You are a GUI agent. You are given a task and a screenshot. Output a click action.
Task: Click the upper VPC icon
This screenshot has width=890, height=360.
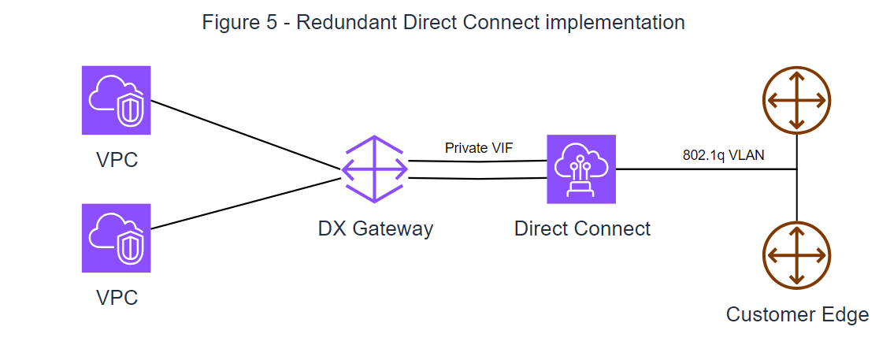(116, 100)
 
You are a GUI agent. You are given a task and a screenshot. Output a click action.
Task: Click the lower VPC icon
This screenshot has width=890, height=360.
(116, 238)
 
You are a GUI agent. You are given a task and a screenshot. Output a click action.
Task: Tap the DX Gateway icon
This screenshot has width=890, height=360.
(375, 169)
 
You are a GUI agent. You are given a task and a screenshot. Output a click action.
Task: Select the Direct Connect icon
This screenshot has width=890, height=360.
(581, 169)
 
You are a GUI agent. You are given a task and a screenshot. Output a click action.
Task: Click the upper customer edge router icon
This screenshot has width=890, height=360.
(797, 100)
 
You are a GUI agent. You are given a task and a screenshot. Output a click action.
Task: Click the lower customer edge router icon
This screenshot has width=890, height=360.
(797, 256)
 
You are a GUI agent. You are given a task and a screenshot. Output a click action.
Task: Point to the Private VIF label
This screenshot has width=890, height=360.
(479, 148)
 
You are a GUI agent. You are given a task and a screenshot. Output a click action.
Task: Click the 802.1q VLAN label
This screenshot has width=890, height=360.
(723, 156)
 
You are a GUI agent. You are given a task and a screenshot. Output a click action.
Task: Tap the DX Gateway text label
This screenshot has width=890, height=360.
(375, 229)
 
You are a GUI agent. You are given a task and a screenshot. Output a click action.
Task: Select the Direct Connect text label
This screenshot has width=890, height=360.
(582, 229)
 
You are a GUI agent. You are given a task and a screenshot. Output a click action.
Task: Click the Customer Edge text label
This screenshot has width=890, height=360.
(797, 315)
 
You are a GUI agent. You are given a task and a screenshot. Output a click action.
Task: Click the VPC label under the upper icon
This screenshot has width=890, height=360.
(117, 161)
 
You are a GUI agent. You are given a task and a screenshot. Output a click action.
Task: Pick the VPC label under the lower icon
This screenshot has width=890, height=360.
(117, 298)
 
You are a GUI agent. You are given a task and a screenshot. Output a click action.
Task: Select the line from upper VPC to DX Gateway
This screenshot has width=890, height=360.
(244, 135)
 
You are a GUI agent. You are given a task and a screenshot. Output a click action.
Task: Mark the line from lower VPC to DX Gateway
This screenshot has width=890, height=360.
(244, 204)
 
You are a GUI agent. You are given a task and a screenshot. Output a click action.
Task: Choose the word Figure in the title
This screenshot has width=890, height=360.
(229, 23)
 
